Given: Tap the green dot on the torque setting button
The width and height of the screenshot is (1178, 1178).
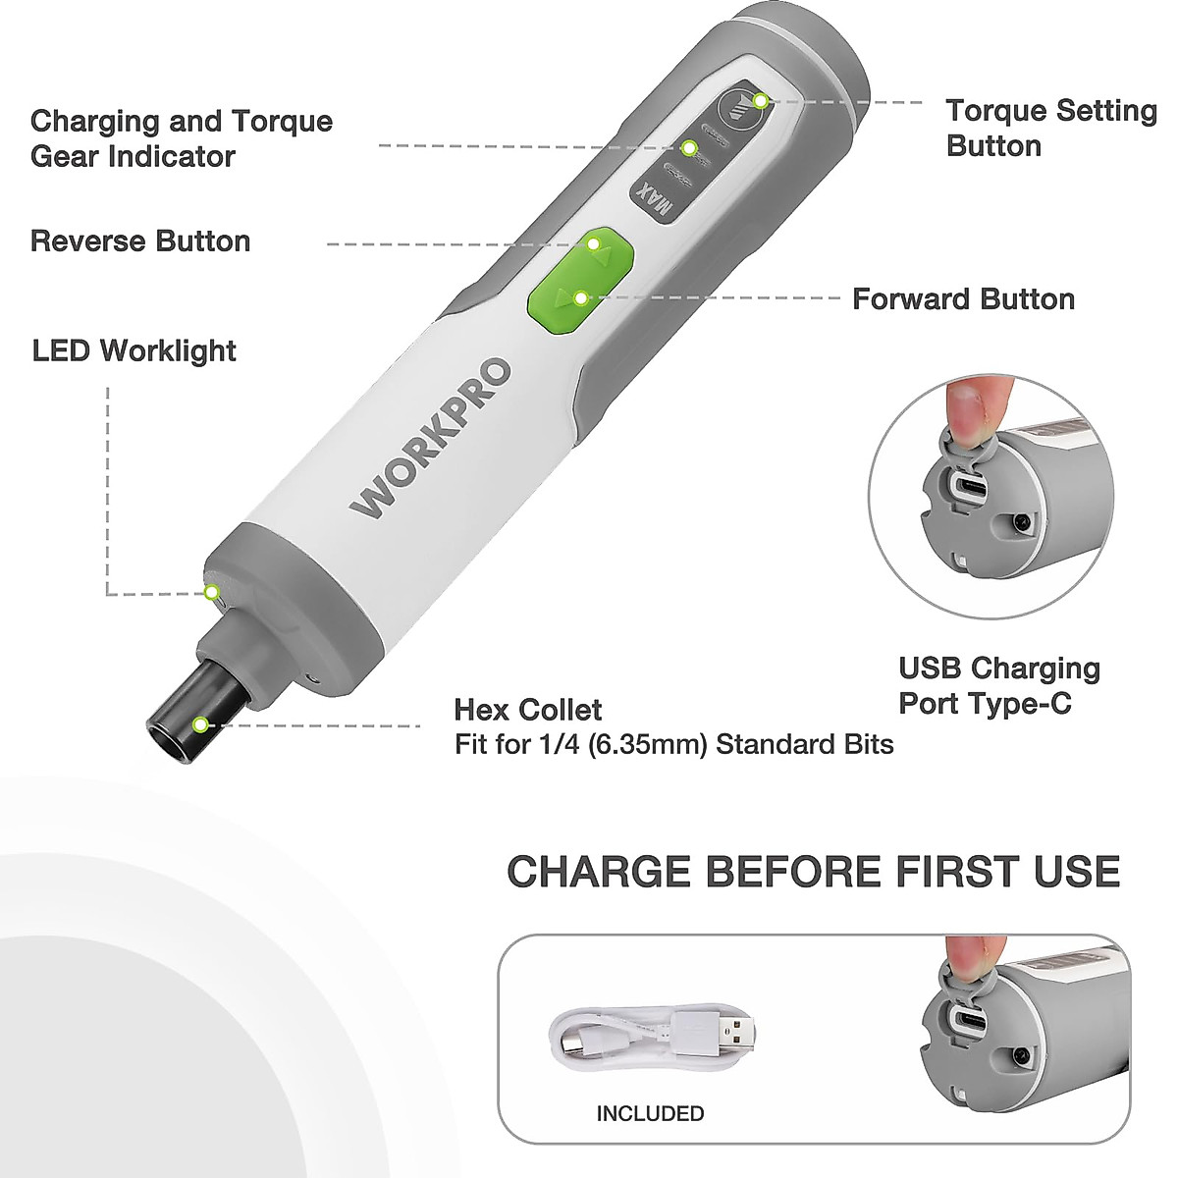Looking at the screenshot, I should (x=760, y=100).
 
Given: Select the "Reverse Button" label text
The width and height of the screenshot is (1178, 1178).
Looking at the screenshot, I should (x=140, y=241).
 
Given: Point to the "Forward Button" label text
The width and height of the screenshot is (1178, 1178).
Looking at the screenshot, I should (x=963, y=299).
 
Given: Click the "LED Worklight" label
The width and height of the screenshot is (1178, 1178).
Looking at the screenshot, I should (x=134, y=350).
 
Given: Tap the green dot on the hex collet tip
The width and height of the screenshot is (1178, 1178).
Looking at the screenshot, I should (x=200, y=725).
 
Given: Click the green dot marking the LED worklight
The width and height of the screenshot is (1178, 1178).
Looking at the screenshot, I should (x=210, y=592).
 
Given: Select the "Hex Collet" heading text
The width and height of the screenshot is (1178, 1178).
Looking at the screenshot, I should (x=528, y=710).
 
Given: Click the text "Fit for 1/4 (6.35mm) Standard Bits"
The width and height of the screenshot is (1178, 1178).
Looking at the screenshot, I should (x=673, y=744).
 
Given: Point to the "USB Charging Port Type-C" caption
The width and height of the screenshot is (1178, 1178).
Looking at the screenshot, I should (x=999, y=685).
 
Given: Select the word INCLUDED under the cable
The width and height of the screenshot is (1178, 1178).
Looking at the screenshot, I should (x=650, y=1113).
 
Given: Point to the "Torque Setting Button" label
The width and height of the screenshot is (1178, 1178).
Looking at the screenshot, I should (x=1050, y=128).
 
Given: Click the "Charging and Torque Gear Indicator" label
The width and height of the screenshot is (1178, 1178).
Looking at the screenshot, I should (x=182, y=138).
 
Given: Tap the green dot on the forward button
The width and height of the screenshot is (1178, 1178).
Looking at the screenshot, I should (x=580, y=297).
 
